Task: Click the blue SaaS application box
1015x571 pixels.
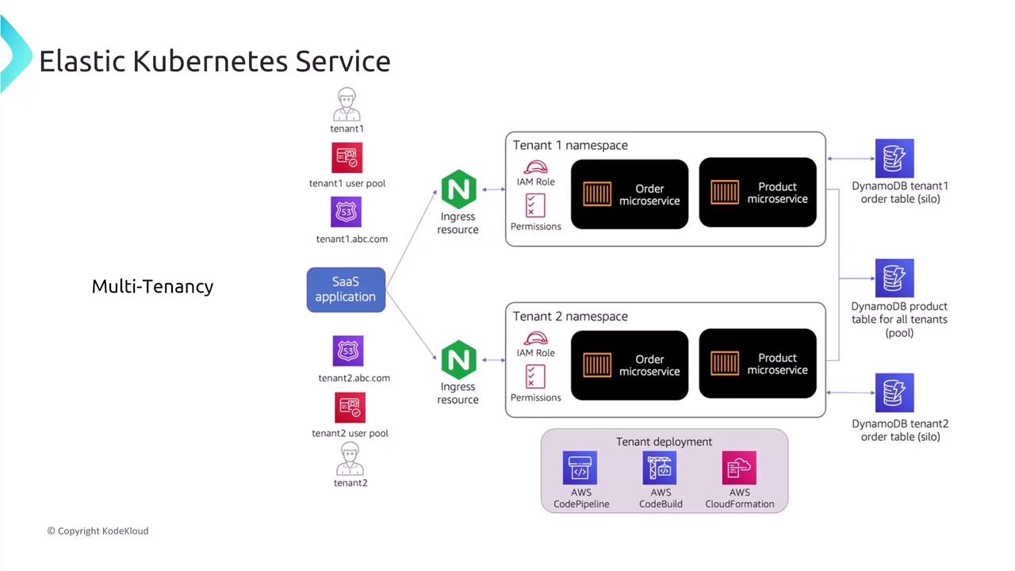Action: pyautogui.click(x=346, y=289)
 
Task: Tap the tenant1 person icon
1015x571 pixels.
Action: pyautogui.click(x=347, y=105)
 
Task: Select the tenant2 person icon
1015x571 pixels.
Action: pyautogui.click(x=350, y=460)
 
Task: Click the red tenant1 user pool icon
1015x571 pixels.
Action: pyautogui.click(x=347, y=158)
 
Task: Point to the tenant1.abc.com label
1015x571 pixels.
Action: pyautogui.click(x=351, y=239)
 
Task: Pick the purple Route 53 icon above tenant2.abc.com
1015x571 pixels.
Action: pyautogui.click(x=348, y=351)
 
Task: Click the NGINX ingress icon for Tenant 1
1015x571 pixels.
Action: pyautogui.click(x=458, y=190)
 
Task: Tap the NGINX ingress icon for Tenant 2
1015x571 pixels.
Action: pyautogui.click(x=458, y=360)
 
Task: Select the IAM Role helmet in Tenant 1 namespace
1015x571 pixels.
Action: pyautogui.click(x=536, y=167)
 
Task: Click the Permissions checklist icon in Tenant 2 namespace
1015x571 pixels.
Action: pyautogui.click(x=536, y=376)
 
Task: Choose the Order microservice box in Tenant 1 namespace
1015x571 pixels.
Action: pyautogui.click(x=630, y=194)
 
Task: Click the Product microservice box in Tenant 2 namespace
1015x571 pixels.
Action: pyautogui.click(x=757, y=364)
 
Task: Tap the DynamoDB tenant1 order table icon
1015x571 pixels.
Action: pyautogui.click(x=894, y=159)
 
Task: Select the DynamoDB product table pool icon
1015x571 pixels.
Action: pyautogui.click(x=894, y=278)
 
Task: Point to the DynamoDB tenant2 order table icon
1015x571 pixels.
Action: pyautogui.click(x=894, y=393)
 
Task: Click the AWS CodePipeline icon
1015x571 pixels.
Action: pyautogui.click(x=580, y=468)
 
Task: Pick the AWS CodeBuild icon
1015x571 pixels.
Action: pyautogui.click(x=660, y=468)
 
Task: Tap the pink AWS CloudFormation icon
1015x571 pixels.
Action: pyautogui.click(x=739, y=468)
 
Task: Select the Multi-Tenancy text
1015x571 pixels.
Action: pyautogui.click(x=152, y=286)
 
